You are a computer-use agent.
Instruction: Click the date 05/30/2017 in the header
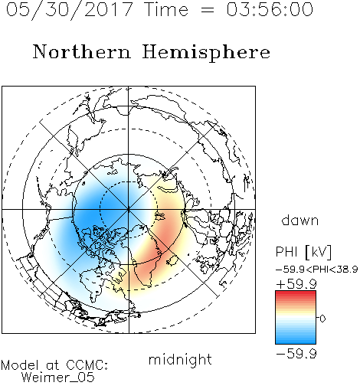[x=70, y=10]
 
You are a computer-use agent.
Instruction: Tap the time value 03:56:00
[x=270, y=9]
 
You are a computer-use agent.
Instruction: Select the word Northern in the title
[x=82, y=51]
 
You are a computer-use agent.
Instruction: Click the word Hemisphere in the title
[x=206, y=53]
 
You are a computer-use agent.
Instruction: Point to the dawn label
[x=300, y=220]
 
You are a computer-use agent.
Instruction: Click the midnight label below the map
[x=180, y=360]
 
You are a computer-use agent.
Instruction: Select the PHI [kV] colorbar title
[x=303, y=252]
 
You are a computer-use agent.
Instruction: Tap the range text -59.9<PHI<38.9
[x=316, y=270]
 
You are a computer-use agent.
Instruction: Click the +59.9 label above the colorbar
[x=296, y=284]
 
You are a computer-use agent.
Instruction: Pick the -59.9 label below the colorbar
[x=296, y=354]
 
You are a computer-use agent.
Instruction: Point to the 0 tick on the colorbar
[x=322, y=319]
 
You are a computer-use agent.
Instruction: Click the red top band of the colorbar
[x=296, y=293]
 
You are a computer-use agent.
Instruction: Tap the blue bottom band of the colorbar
[x=296, y=341]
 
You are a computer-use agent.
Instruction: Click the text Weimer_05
[x=58, y=378]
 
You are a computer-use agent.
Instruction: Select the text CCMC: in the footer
[x=87, y=365]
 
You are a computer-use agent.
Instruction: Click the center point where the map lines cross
[x=129, y=210]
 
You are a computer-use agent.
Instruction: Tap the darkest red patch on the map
[x=165, y=237]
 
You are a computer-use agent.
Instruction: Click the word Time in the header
[x=166, y=9]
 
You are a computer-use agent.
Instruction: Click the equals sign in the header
[x=208, y=10]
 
